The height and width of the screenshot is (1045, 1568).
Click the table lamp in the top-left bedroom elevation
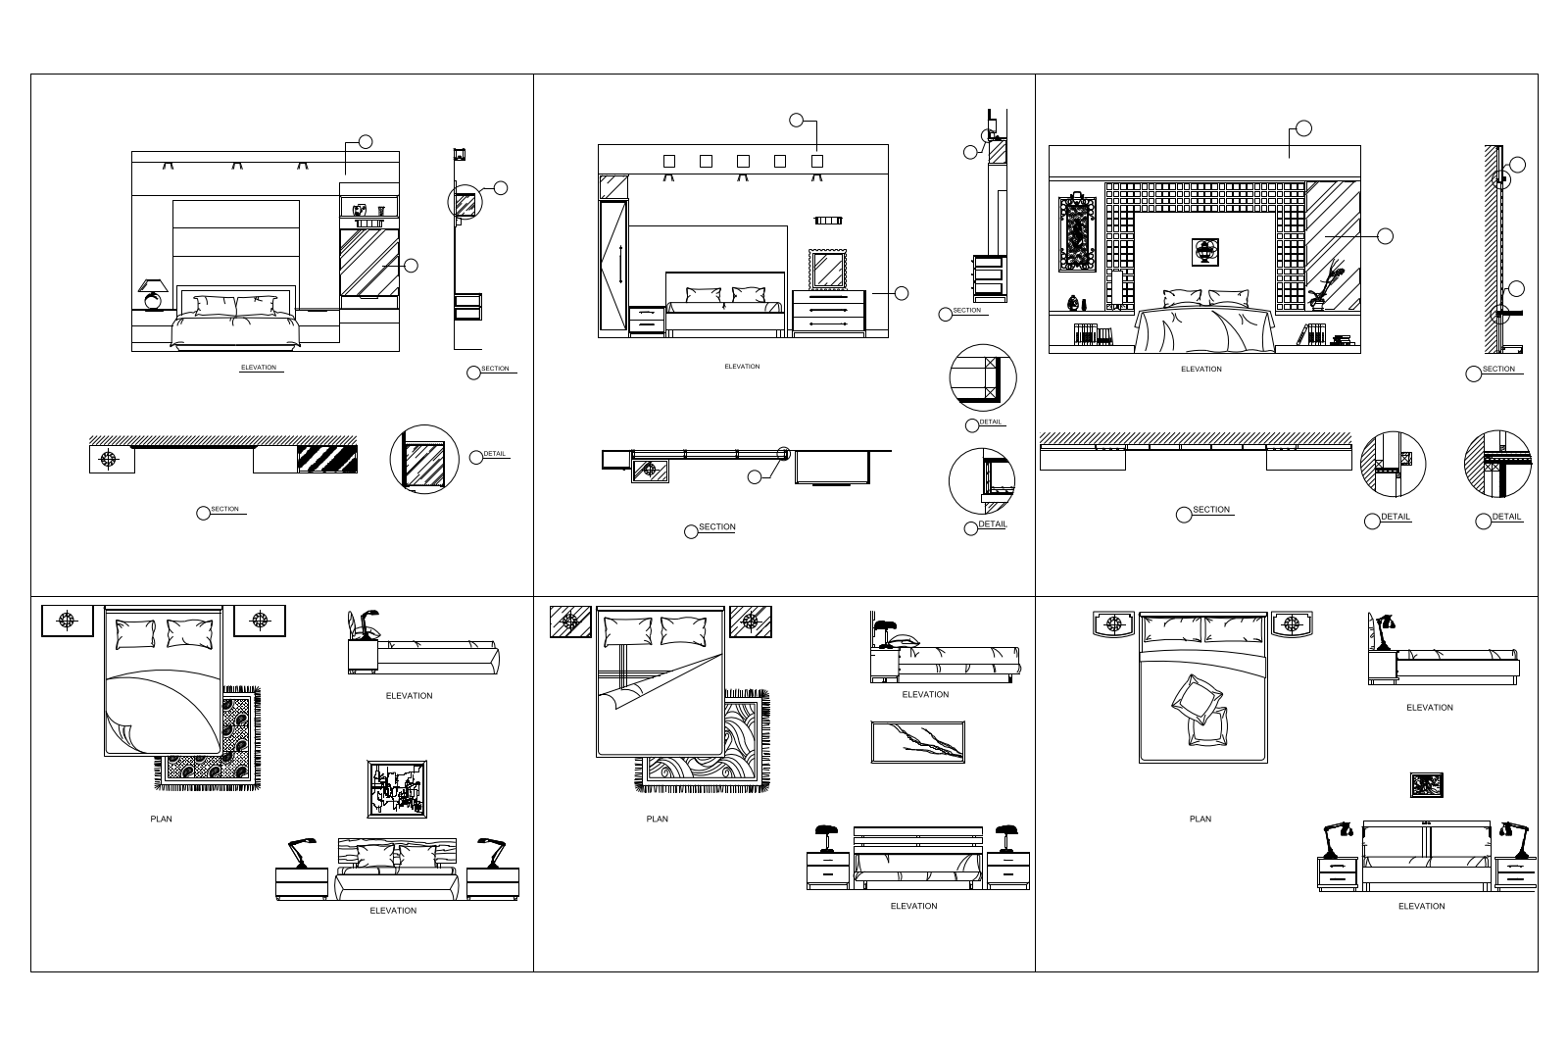click(x=153, y=294)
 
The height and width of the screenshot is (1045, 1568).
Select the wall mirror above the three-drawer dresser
click(x=828, y=269)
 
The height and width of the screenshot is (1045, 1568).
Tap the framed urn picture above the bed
click(x=1204, y=252)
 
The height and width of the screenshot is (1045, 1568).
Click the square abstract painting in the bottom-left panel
click(x=397, y=789)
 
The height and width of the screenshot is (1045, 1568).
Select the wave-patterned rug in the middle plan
click(x=704, y=742)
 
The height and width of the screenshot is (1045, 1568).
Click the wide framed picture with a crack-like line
click(x=917, y=742)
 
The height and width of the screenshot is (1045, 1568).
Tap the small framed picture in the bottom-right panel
click(x=1427, y=785)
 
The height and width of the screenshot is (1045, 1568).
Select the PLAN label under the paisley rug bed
click(x=161, y=819)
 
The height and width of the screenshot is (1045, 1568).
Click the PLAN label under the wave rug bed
click(x=658, y=819)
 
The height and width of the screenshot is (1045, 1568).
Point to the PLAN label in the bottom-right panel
click(x=1200, y=819)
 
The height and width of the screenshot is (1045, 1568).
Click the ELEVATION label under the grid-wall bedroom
click(x=1201, y=370)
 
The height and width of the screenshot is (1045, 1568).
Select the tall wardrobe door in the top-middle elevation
click(x=612, y=265)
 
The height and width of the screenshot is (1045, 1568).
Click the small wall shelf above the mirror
click(x=828, y=221)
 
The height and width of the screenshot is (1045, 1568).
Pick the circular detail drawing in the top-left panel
click(x=424, y=460)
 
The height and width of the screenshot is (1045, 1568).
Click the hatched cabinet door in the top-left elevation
click(x=368, y=263)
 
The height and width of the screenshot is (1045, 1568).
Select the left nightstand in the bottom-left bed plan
click(x=68, y=621)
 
